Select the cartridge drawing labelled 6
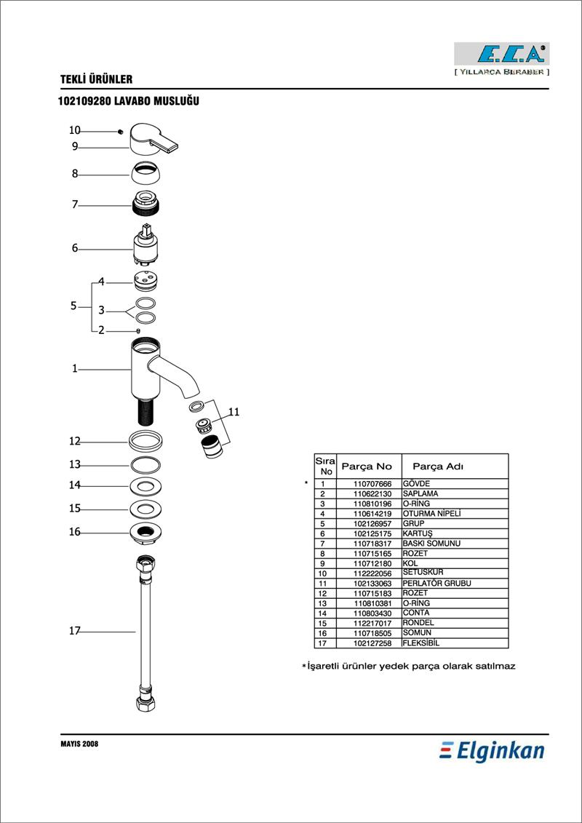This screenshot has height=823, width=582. tap(145, 246)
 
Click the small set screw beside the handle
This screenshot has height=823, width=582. tap(120, 132)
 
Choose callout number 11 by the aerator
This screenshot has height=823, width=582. tap(234, 412)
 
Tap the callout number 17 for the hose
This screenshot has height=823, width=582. tap(74, 631)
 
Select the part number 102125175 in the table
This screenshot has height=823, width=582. tap(369, 533)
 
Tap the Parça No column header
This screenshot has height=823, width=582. tap(367, 466)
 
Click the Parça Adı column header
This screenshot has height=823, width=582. tap(438, 466)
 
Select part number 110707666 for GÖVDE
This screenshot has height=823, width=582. tap(369, 483)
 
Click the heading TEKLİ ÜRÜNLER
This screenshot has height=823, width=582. tap(97, 80)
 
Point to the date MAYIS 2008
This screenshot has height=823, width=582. tap(79, 744)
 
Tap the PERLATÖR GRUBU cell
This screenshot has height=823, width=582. tap(436, 583)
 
